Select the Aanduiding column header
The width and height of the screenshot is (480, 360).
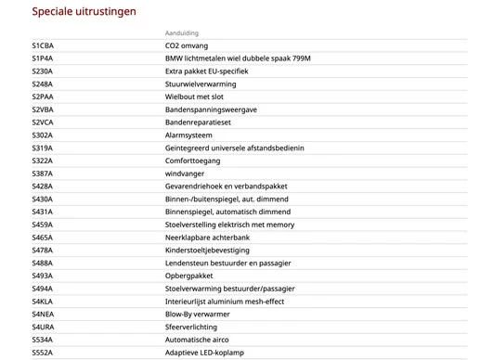[x=182, y=32]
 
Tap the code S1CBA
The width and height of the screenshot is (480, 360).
[x=43, y=45]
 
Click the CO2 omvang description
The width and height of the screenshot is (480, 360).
[x=187, y=45]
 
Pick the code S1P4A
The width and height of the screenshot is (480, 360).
[x=43, y=58]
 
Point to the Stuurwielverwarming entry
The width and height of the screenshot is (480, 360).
[x=201, y=84]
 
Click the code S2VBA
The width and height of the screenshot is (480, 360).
[x=43, y=109]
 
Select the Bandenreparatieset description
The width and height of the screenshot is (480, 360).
[x=200, y=122]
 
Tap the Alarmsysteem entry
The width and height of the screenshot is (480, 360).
[x=190, y=135]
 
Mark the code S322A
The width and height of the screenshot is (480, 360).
[x=43, y=161]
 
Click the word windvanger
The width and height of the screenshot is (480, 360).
[x=184, y=174]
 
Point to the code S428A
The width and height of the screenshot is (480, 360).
[x=43, y=186]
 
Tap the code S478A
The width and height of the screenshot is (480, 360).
[x=43, y=250]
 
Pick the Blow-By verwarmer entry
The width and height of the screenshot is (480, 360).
[x=197, y=314]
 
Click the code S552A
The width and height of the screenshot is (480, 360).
[x=43, y=353]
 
